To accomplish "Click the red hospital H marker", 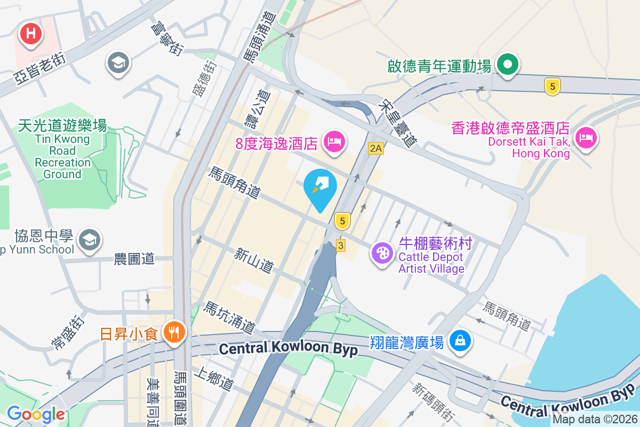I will coord(31,34).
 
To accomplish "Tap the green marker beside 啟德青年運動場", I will coord(508,65).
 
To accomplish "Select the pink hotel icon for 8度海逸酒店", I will coord(334,142).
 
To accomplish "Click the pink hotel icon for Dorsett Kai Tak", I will coord(586,138).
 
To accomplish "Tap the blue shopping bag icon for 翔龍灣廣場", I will coord(460,340).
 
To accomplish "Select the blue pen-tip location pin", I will coord(320,187).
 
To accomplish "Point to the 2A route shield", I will coord(375,148).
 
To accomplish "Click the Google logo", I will coord(36,414).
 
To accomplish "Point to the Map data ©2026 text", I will coord(594,419).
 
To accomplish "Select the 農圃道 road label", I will coord(134,259).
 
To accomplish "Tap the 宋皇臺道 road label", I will coord(397,124).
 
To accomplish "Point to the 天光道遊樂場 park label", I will coord(62,126).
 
